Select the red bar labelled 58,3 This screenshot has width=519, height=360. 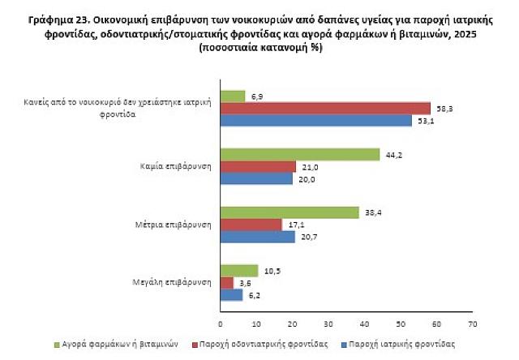pos(325,109)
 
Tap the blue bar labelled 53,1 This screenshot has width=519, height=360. pos(316,121)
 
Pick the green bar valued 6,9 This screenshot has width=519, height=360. pos(233,96)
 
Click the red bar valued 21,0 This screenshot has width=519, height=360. pos(258,166)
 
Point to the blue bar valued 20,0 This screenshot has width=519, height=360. pos(256,178)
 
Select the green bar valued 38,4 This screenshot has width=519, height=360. pos(290,212)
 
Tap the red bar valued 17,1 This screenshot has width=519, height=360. pos(251,225)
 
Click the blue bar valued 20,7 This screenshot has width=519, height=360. pos(258,237)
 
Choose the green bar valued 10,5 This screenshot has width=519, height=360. pos(239,271)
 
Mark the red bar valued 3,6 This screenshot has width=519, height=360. pos(227,283)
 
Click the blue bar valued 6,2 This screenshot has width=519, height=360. pos(232,295)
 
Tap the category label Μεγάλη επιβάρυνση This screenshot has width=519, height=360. pos(172,282)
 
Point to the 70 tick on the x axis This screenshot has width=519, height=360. pos(472,323)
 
